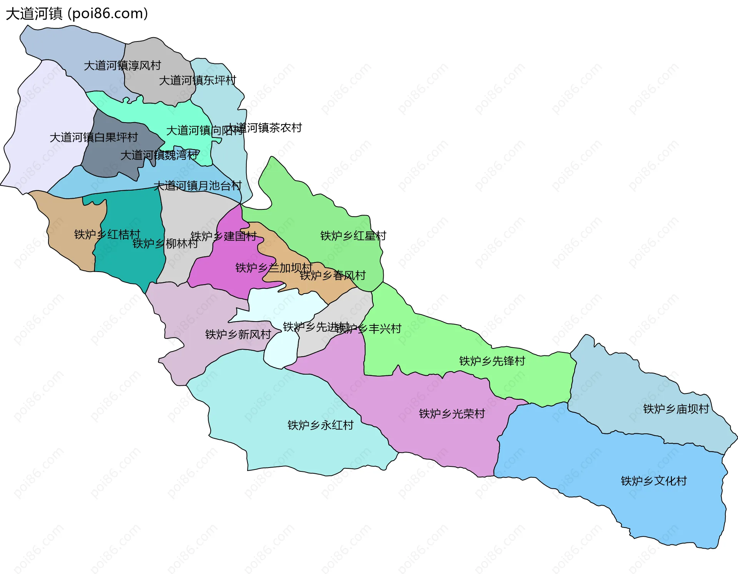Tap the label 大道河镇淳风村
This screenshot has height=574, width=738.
click(x=122, y=65)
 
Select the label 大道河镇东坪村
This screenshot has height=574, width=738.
click(x=197, y=80)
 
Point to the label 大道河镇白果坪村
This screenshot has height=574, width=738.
click(x=93, y=137)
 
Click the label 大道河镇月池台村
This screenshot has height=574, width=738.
click(x=197, y=186)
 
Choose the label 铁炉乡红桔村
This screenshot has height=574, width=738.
click(x=107, y=234)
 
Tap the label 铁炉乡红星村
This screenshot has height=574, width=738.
click(x=353, y=236)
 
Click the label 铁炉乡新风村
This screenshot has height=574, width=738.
click(x=238, y=334)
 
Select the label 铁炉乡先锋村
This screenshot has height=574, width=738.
click(x=492, y=361)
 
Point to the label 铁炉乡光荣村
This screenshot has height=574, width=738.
click(x=452, y=413)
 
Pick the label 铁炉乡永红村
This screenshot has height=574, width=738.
click(x=320, y=425)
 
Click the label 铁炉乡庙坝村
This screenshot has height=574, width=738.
click(x=676, y=409)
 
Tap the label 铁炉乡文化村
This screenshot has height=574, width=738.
click(x=653, y=481)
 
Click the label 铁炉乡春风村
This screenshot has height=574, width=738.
click(x=332, y=275)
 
